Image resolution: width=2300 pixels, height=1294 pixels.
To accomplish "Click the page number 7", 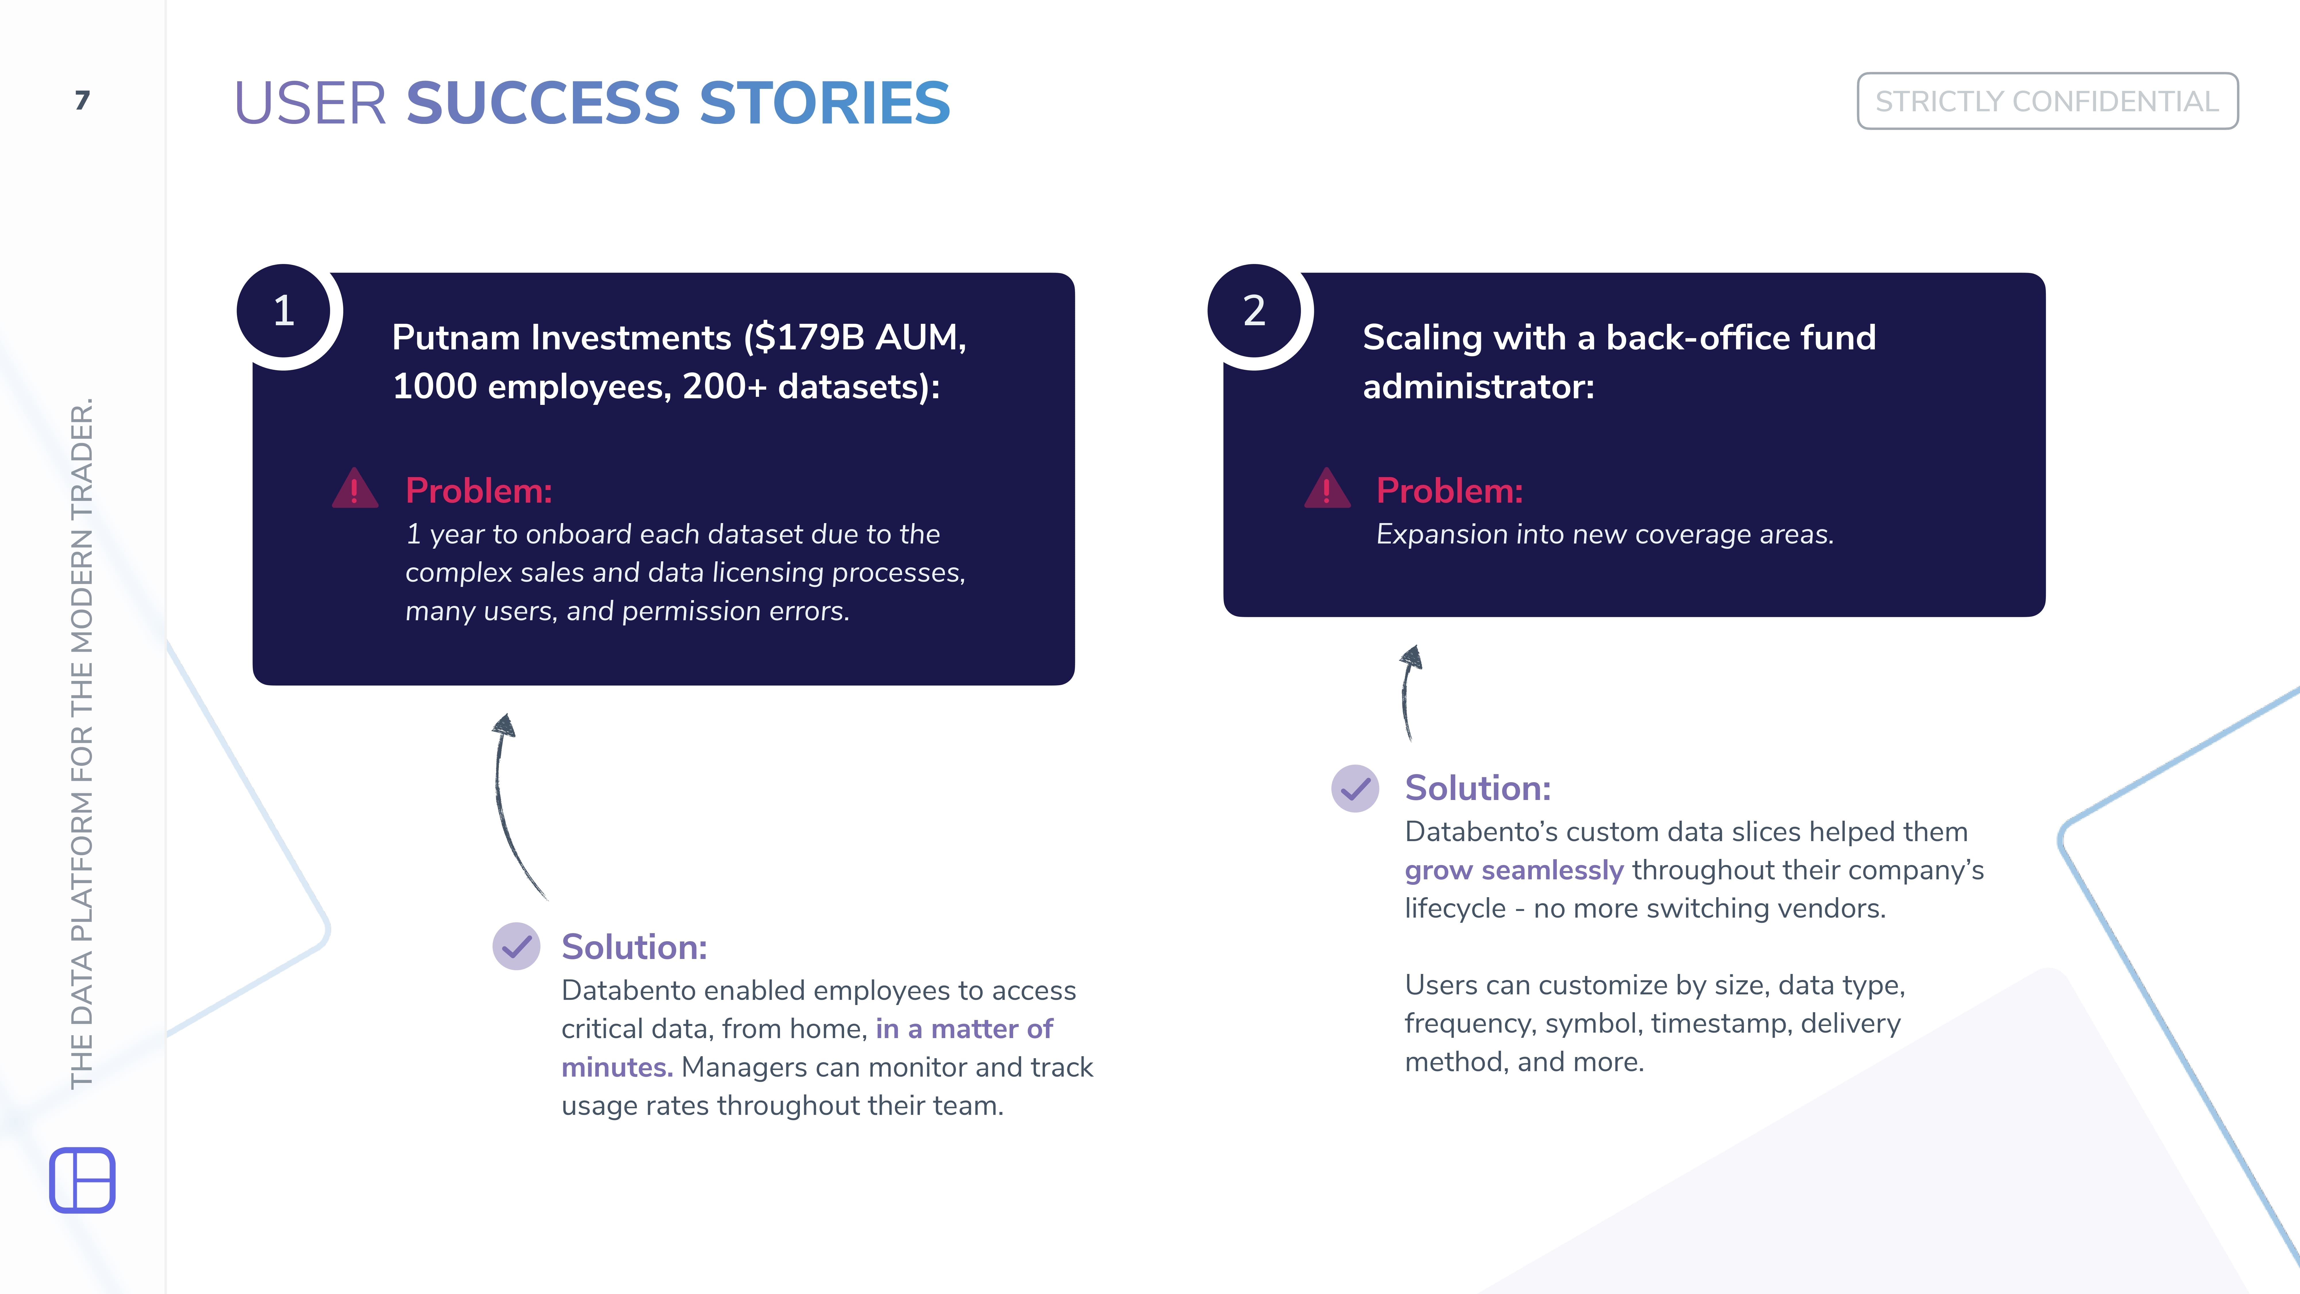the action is pos(82,100).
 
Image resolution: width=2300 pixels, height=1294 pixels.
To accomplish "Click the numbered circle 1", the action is pos(284,311).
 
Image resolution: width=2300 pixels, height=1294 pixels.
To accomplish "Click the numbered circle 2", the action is pos(1254,311).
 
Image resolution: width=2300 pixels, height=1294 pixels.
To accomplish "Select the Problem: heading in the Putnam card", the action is pos(479,490).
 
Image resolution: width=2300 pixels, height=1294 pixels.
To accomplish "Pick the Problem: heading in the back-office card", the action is pos(1449,490).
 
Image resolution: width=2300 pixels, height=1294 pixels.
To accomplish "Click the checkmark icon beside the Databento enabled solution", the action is pos(516,946).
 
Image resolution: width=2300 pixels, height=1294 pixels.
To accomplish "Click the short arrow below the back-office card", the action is pos(1408,692).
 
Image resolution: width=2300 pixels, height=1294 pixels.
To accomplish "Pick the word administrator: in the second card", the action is pos(1478,387).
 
